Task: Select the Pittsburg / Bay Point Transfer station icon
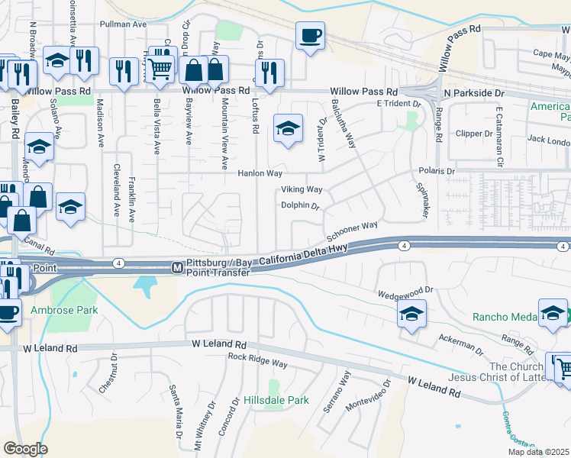[x=176, y=268]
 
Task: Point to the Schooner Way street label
[x=353, y=229]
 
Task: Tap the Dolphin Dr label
[x=299, y=205]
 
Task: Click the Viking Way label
[x=302, y=189]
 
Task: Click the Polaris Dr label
[x=436, y=172]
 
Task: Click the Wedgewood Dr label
[x=405, y=292]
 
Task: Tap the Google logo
[x=24, y=449]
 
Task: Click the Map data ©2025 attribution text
[x=539, y=452]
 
